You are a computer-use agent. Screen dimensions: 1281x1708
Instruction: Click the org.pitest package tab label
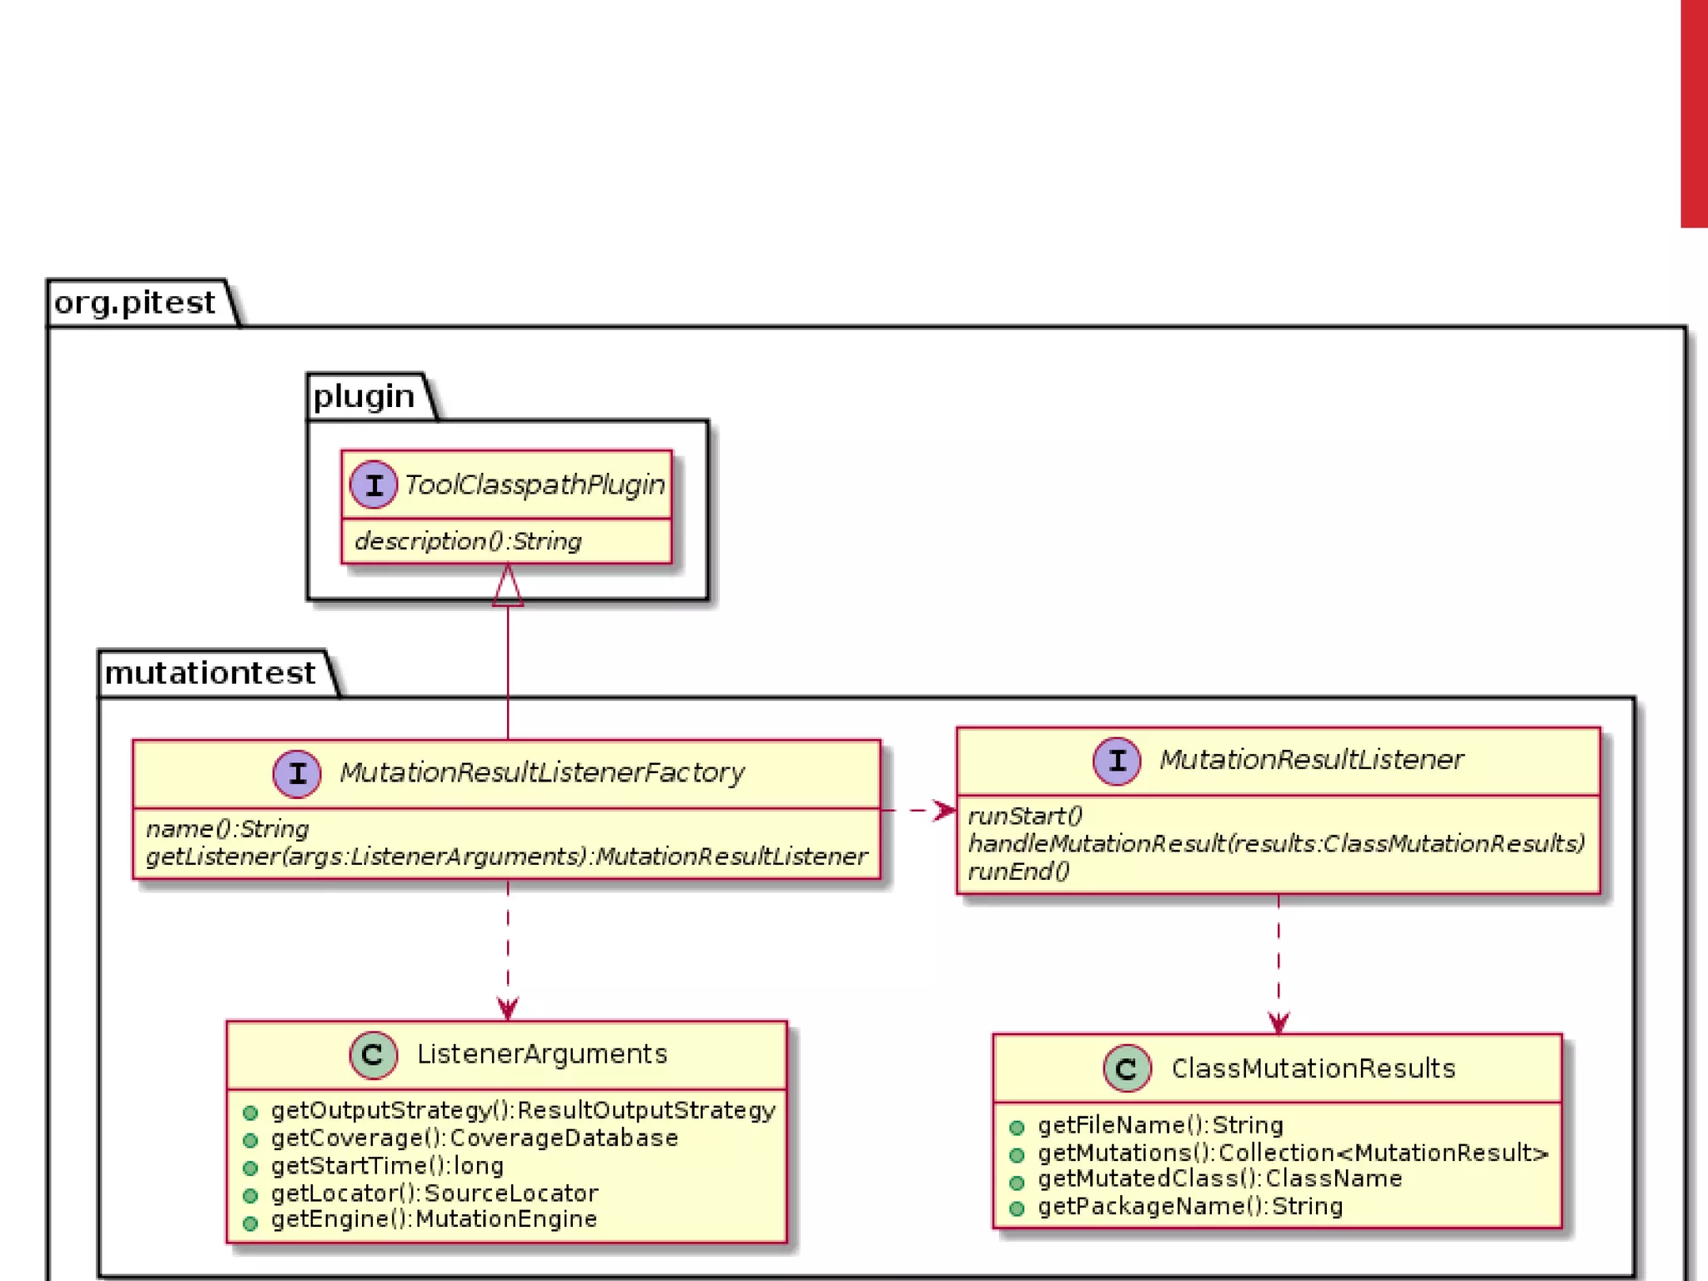pos(135,303)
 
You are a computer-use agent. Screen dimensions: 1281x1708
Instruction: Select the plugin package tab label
pos(364,396)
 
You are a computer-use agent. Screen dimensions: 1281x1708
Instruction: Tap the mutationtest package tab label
pos(210,673)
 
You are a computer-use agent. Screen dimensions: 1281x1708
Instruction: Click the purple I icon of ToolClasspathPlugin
pos(373,485)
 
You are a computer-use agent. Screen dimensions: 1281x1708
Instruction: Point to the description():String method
pos(468,542)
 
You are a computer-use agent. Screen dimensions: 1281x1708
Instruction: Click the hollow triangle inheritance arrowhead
pos(508,586)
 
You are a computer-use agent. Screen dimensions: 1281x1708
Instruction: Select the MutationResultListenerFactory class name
pos(542,773)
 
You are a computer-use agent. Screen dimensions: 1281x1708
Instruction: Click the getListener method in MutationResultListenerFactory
pos(506,857)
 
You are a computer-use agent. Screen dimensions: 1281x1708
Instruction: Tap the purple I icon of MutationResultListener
pos(1117,761)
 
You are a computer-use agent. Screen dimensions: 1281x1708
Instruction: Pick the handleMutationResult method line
pos(1276,844)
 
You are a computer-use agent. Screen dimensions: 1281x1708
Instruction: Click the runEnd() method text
pos(1018,872)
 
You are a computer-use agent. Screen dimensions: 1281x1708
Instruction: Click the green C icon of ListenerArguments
pos(373,1054)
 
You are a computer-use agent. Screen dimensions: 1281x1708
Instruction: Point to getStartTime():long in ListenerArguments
pos(387,1166)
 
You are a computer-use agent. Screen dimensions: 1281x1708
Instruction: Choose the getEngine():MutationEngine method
pos(434,1219)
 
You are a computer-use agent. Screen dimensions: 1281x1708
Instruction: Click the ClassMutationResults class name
pos(1313,1069)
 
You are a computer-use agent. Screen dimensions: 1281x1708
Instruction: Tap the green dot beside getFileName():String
pos(1017,1128)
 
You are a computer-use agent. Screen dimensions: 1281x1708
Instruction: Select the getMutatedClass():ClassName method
pos(1219,1179)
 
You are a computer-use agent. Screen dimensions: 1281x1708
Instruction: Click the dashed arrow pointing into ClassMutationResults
pos(1278,967)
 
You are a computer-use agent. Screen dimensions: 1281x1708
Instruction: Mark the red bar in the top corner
pos(1694,113)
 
